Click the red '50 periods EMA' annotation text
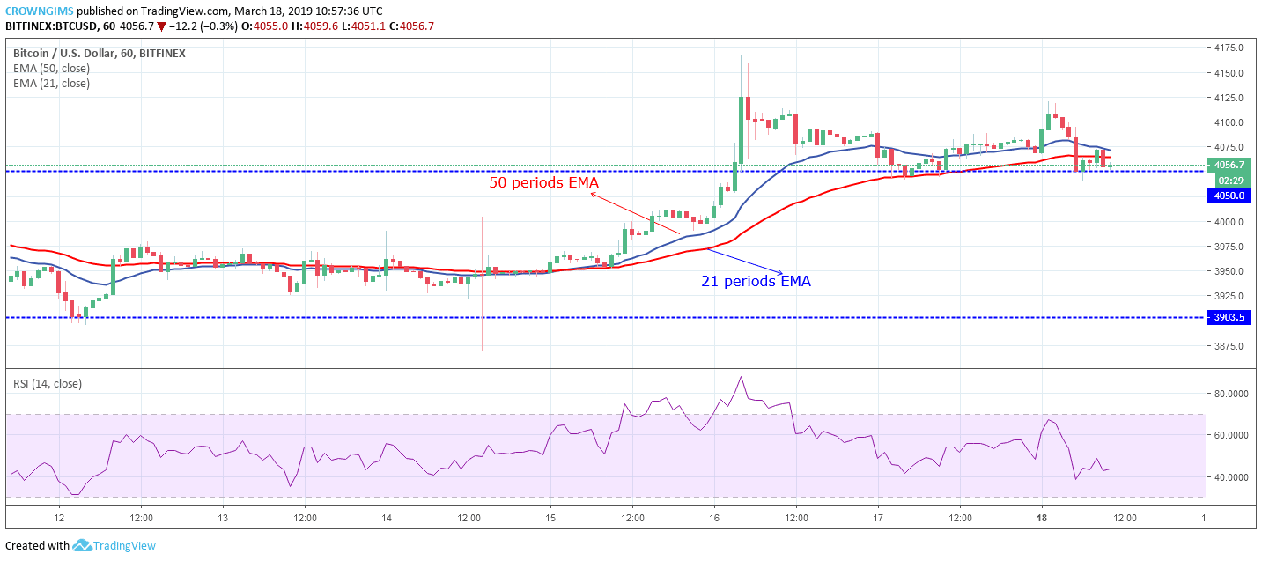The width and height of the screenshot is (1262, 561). (x=543, y=183)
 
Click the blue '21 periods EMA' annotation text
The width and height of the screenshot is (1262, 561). (x=756, y=282)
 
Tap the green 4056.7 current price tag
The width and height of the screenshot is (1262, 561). (x=1229, y=165)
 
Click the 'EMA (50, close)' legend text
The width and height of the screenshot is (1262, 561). (x=51, y=69)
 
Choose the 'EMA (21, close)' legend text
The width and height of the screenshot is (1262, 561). (x=51, y=84)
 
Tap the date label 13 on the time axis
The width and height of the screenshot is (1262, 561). (x=222, y=518)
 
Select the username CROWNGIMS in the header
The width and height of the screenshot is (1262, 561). (x=39, y=11)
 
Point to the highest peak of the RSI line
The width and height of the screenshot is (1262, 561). (x=742, y=377)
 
